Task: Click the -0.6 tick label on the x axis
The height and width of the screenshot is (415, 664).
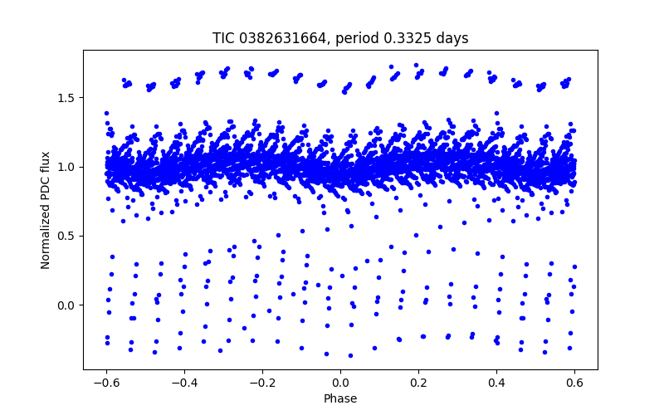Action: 106,383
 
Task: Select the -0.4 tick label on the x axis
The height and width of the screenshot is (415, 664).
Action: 184,383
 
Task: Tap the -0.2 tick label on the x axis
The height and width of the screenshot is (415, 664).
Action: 262,383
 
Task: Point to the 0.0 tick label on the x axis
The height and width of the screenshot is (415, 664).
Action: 340,383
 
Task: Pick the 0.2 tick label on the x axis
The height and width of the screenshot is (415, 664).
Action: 418,383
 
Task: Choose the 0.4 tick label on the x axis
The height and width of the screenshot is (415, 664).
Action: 496,383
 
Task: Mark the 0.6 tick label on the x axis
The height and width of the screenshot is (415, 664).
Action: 574,383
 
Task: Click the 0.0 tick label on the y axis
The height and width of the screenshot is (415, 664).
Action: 67,305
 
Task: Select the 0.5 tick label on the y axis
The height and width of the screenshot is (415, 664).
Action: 67,236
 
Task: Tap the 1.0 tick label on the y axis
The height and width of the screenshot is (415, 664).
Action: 67,167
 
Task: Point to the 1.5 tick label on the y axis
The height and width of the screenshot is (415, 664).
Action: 67,98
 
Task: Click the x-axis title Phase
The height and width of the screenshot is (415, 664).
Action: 340,398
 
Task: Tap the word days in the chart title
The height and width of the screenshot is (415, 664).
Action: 452,38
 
